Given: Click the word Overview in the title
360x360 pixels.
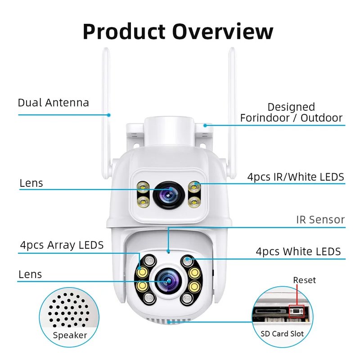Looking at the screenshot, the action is (223, 31).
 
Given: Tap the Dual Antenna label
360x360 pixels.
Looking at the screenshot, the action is (53, 103).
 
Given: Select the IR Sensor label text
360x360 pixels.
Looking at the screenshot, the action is (320, 220).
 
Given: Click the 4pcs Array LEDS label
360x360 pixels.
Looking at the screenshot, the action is (62, 245).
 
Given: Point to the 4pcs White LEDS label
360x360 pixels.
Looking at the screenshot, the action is (298, 252).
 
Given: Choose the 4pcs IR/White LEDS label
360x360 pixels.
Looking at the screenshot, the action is (296, 177).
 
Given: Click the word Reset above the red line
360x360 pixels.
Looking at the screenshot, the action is (305, 280).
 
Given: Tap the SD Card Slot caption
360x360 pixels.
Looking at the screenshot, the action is (282, 333).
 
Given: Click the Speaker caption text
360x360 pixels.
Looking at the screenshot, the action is (70, 335).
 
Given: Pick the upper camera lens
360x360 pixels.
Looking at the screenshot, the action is (169, 195).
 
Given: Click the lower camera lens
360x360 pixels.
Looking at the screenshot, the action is (168, 281).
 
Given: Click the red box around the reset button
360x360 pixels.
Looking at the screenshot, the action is (296, 311).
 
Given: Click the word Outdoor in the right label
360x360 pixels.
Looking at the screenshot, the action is (321, 118).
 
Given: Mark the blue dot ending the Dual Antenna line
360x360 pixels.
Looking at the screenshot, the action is (109, 115).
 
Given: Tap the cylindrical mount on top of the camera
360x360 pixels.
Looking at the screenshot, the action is (169, 131).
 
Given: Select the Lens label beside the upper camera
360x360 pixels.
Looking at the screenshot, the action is (31, 183).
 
